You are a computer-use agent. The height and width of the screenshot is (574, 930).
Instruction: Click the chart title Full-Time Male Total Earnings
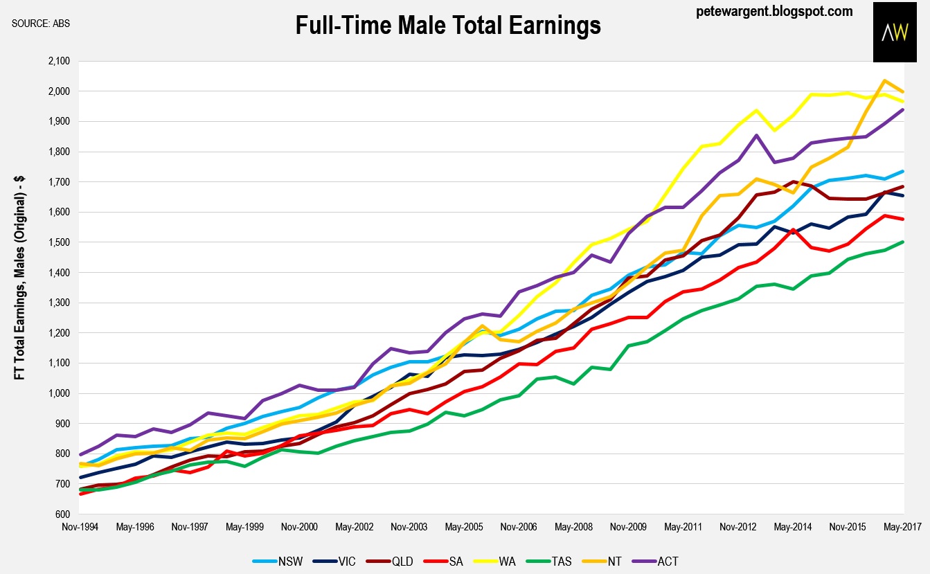pos(448,26)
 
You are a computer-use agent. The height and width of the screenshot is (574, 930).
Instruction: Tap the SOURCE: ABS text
pos(41,24)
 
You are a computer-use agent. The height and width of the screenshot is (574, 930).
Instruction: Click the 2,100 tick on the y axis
pos(60,61)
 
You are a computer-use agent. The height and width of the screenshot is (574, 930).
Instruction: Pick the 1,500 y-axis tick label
pos(60,242)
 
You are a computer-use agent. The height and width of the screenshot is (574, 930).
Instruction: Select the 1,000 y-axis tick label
pos(60,393)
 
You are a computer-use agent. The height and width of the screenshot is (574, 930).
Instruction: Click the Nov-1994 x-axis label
pos(80,527)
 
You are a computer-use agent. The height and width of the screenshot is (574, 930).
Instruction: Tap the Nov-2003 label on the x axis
pos(409,527)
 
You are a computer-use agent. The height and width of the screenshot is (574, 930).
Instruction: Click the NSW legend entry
pos(276,560)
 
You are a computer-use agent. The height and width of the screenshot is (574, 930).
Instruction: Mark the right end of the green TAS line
pos(903,242)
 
